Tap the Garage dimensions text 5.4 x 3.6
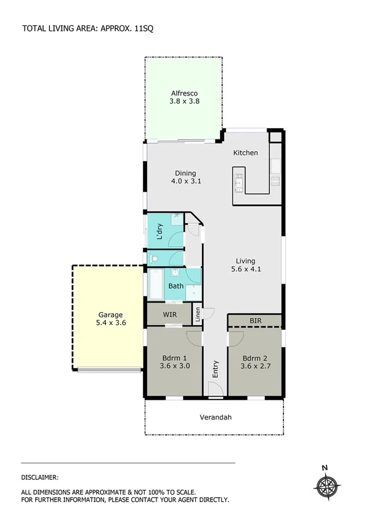(x=112, y=322)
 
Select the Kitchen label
(x=245, y=153)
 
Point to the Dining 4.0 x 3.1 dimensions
(x=185, y=182)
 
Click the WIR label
(x=170, y=315)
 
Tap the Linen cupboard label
(x=198, y=315)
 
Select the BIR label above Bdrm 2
(x=256, y=321)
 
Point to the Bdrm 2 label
(x=254, y=358)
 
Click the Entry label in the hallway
(x=216, y=368)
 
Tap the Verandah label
(x=216, y=418)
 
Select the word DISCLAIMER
(x=40, y=477)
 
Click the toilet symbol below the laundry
(x=154, y=258)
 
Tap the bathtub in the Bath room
(x=156, y=284)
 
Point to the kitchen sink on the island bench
(x=238, y=181)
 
